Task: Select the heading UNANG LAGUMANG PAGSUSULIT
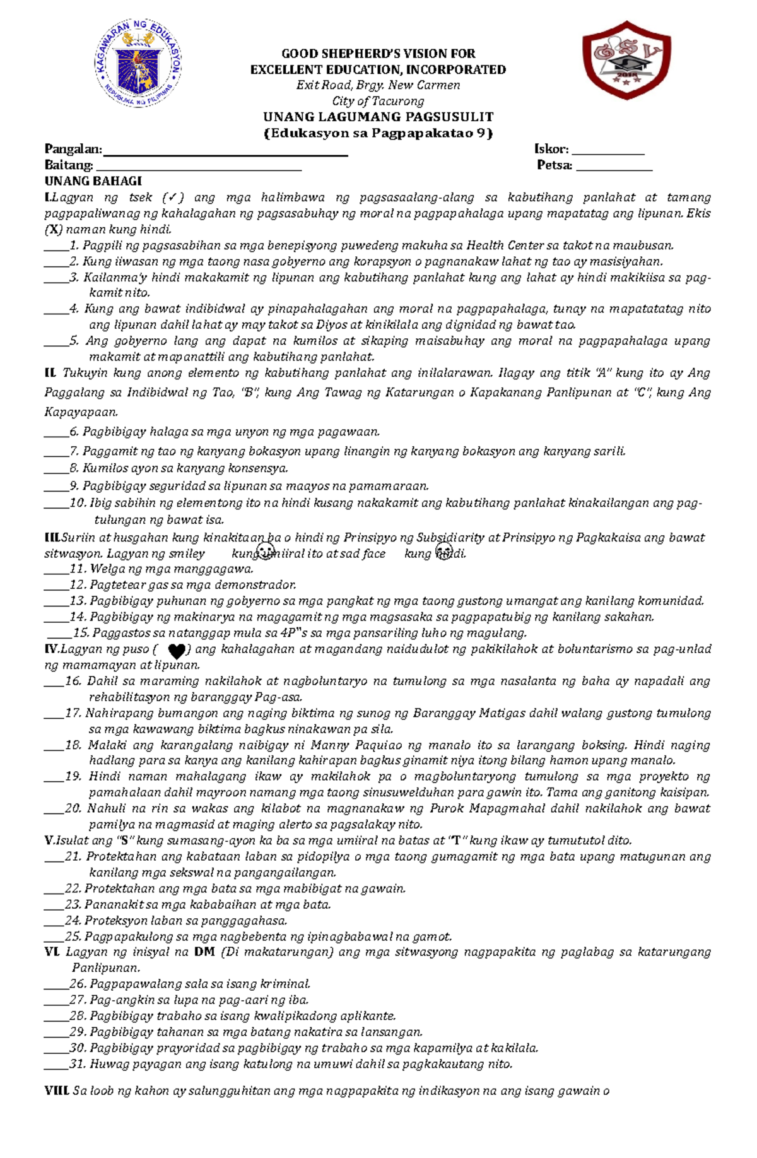378,117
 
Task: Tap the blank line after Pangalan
225,153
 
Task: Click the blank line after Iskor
607,153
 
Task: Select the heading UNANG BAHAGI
93,181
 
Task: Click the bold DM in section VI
204,952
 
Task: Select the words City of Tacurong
378,101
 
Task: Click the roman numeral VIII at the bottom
56,1090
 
